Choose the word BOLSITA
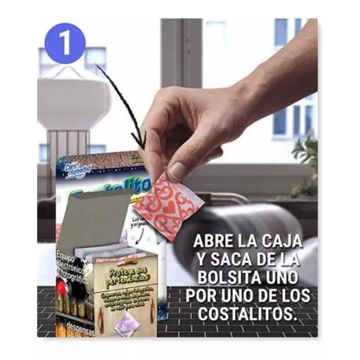click(x=234, y=278)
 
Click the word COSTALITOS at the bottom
click(x=247, y=314)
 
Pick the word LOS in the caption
click(x=294, y=296)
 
